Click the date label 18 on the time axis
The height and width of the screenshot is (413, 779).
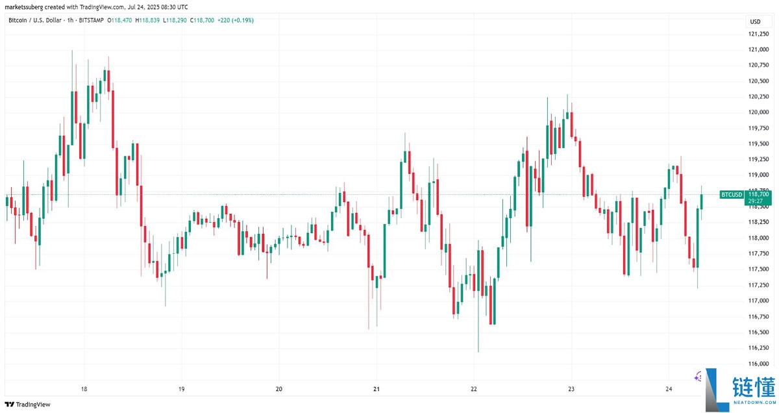coord(84,389)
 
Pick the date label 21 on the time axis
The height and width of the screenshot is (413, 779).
coord(377,389)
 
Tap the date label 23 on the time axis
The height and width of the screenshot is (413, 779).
coord(571,389)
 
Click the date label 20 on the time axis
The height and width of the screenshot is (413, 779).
coord(279,389)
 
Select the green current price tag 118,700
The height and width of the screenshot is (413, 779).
coord(758,194)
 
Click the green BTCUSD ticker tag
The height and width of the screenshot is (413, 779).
coord(732,195)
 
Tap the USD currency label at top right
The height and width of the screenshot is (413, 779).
coord(755,22)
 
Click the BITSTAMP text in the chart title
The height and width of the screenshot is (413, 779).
coord(95,21)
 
